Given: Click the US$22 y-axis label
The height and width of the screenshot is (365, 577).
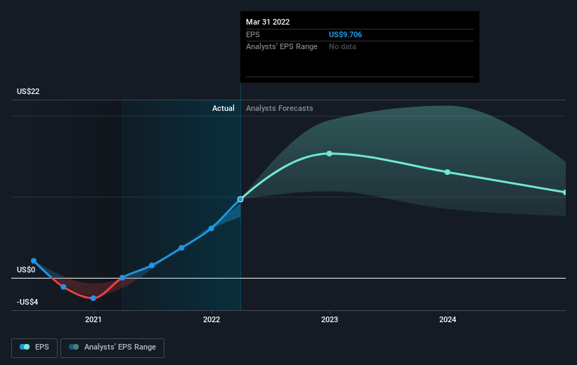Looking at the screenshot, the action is point(28,91).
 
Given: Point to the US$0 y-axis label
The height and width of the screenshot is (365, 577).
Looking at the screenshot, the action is point(26,270).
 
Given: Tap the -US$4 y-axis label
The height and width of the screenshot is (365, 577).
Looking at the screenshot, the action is point(27,302).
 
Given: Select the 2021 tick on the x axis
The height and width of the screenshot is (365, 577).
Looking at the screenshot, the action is point(93,319).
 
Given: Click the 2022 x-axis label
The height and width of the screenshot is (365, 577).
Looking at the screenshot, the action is point(212,319).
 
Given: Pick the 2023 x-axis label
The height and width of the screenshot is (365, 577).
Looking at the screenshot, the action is point(330,319).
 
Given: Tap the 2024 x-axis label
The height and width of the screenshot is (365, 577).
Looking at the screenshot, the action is point(448,319).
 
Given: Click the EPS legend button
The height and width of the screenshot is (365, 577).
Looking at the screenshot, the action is point(34,347).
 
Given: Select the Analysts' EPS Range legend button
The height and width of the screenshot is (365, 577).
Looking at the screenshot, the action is point(112,347).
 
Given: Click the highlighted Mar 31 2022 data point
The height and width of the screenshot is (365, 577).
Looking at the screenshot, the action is point(240,199).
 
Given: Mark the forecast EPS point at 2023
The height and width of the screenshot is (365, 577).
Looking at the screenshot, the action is point(330,154).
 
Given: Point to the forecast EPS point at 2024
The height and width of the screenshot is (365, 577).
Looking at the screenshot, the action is point(448,172).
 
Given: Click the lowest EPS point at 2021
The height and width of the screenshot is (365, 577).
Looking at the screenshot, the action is point(93,298).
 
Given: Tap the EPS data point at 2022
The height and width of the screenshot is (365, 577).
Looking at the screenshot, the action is point(212,229).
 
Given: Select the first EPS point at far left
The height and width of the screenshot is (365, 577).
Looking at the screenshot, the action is point(34,261).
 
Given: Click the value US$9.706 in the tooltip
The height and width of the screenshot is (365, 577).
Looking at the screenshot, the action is point(345,34).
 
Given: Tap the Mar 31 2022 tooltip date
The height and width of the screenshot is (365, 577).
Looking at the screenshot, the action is point(268,22).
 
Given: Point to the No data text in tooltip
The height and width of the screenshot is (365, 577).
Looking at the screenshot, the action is point(342,47).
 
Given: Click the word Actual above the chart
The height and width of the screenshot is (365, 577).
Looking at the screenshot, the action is point(223,108).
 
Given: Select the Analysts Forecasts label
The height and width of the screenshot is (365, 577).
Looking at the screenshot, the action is point(279,108).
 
